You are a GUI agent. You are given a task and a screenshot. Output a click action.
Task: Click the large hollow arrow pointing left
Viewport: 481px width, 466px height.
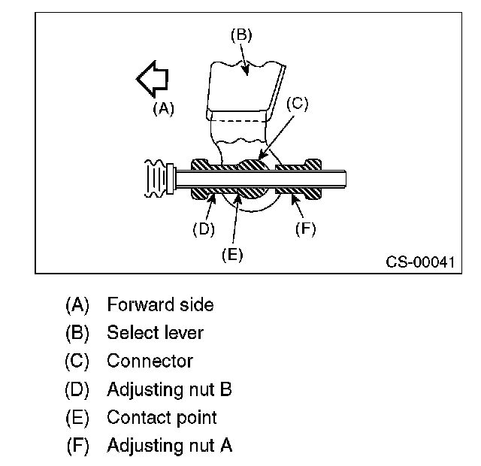point(153,79)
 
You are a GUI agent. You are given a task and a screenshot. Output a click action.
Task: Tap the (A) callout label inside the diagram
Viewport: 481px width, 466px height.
point(163,108)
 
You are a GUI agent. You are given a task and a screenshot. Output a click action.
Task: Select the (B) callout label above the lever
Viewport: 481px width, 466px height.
point(241,35)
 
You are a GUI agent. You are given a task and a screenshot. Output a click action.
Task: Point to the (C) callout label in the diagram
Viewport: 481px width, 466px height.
point(298,104)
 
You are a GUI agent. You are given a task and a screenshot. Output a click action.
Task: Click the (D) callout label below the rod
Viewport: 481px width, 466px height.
point(204,228)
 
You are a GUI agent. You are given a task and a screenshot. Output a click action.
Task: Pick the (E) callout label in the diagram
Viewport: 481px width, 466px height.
point(232,255)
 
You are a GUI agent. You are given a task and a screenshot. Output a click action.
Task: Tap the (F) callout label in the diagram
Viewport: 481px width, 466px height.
point(306,228)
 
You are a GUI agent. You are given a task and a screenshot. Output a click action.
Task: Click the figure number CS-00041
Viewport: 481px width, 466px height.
point(420,262)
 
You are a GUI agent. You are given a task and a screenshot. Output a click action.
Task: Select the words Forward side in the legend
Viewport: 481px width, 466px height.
point(160,304)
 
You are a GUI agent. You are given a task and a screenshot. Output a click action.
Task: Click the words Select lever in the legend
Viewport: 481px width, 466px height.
point(155,332)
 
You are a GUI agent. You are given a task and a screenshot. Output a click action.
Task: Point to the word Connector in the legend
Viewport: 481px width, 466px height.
point(150,361)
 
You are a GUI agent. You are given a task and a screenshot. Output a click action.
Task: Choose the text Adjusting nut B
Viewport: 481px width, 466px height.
point(169,389)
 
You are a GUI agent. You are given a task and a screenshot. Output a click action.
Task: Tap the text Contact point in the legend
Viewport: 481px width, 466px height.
point(162,418)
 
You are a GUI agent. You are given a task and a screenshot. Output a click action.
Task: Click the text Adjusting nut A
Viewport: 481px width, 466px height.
point(169,446)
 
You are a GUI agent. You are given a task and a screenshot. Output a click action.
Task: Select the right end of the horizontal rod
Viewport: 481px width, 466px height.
point(346,179)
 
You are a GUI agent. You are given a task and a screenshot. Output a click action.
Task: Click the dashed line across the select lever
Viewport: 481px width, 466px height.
point(238,121)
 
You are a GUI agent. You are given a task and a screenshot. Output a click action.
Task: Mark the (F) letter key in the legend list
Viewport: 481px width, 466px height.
point(77,446)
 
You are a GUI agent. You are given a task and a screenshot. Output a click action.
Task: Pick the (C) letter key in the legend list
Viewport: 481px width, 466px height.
point(77,361)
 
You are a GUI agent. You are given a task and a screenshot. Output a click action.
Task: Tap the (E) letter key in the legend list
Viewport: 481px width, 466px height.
point(77,418)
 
